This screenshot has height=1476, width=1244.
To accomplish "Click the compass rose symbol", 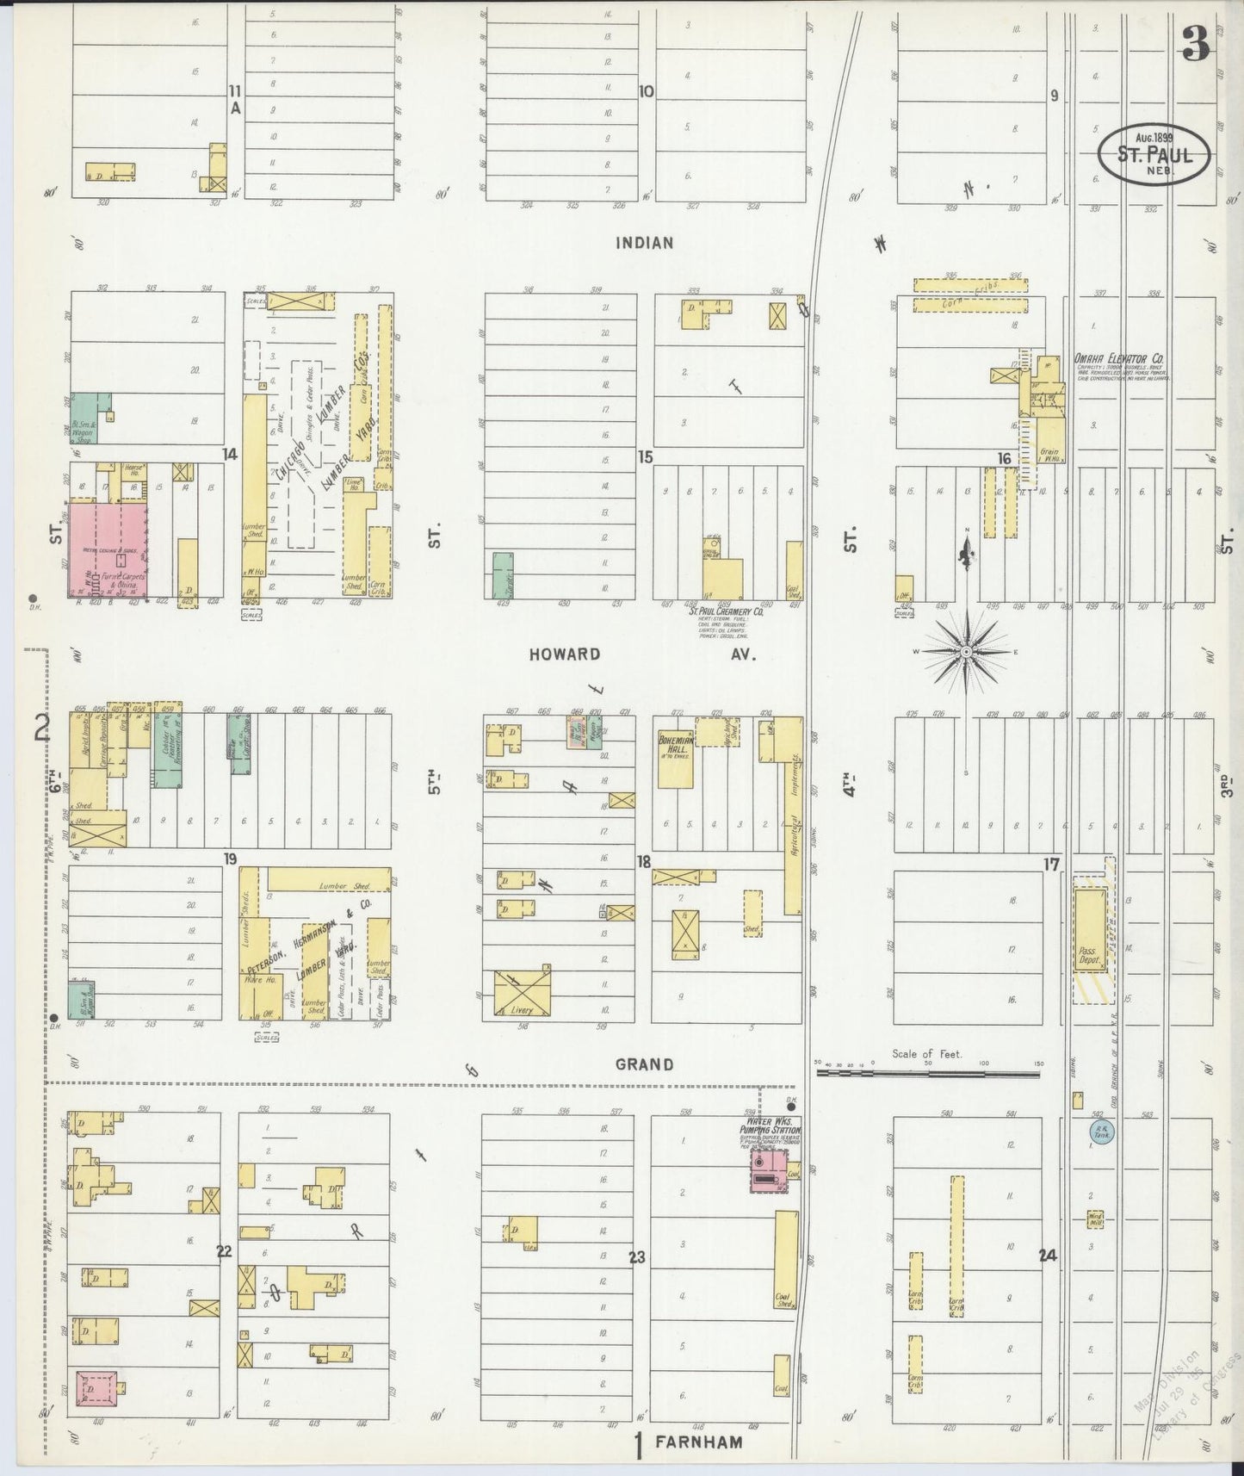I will pyautogui.click(x=966, y=652).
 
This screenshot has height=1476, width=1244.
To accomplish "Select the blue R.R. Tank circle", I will pyautogui.click(x=1099, y=1133).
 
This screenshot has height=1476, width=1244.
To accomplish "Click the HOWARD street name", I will pyautogui.click(x=565, y=654).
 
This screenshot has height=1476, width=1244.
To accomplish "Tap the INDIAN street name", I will pyautogui.click(x=644, y=244).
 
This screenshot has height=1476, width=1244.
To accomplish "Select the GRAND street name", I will pyautogui.click(x=644, y=1064).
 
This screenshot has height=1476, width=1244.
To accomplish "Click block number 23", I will pyautogui.click(x=636, y=1258).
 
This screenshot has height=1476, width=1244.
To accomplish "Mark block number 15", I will pyautogui.click(x=645, y=457).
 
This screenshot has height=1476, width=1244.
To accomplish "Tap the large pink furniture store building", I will pyautogui.click(x=108, y=550).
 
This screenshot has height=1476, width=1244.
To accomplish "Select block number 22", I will pyautogui.click(x=224, y=1251).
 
